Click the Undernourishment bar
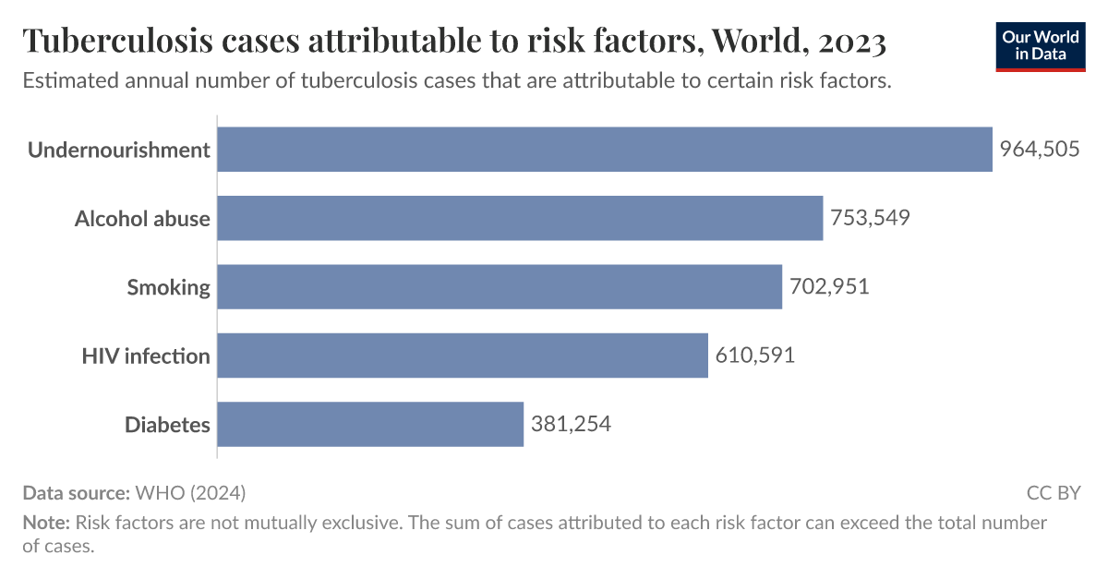pyautogui.click(x=605, y=150)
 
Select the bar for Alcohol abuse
pyautogui.click(x=520, y=219)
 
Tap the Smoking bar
pyautogui.click(x=500, y=287)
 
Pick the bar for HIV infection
pyautogui.click(x=463, y=356)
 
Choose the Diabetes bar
pyautogui.click(x=370, y=425)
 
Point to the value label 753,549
pyautogui.click(x=870, y=219)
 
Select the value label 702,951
pyautogui.click(x=829, y=287)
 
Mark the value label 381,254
pyautogui.click(x=571, y=425)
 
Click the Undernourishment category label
pyautogui.click(x=118, y=150)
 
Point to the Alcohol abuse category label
pyautogui.click(x=142, y=219)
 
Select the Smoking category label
pyautogui.click(x=168, y=287)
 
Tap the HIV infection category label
pyautogui.click(x=146, y=356)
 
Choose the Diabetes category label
pyautogui.click(x=167, y=425)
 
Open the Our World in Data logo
pyautogui.click(x=1040, y=46)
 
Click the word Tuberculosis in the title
pyautogui.click(x=115, y=42)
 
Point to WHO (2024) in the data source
pyautogui.click(x=190, y=492)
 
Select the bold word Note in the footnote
pyautogui.click(x=44, y=523)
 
